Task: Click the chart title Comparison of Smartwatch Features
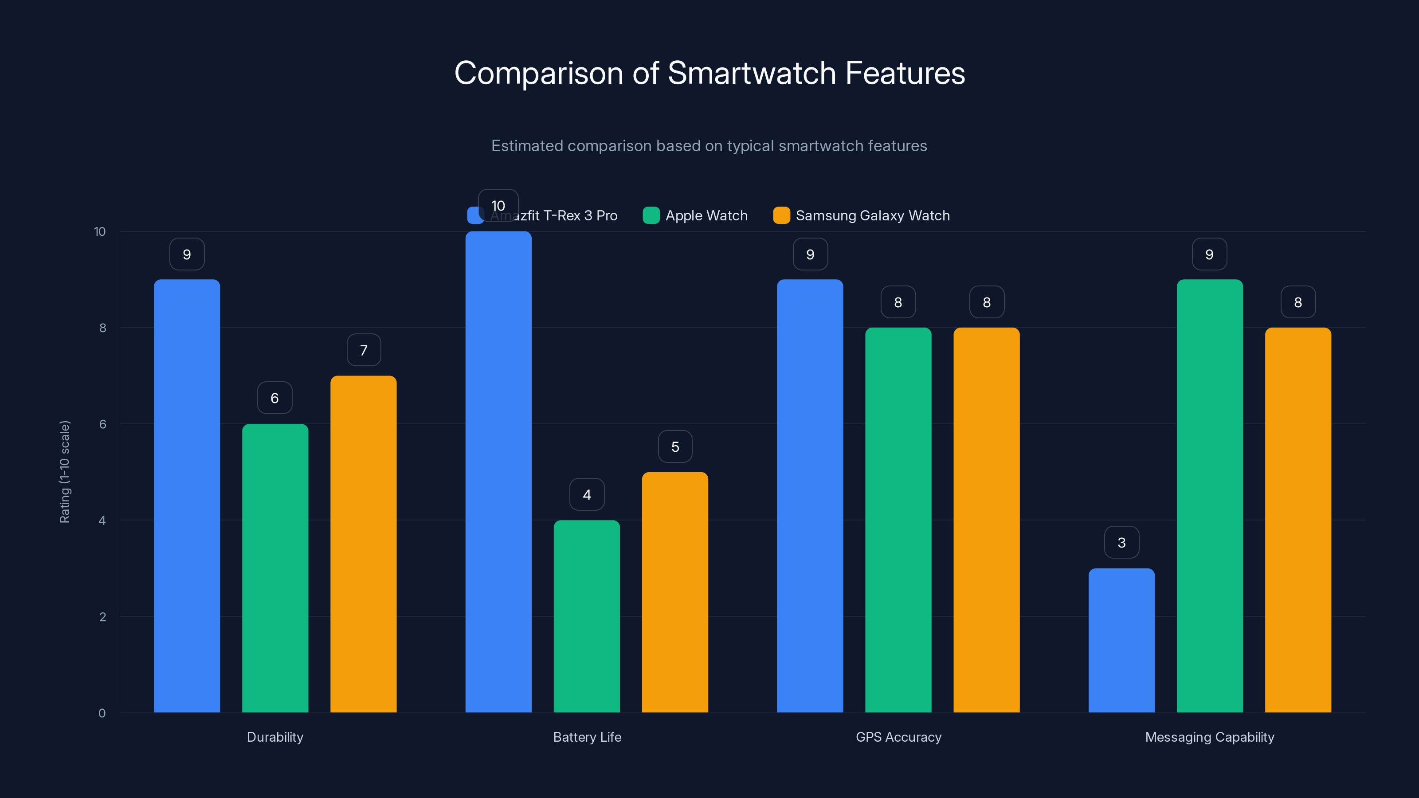pyautogui.click(x=709, y=73)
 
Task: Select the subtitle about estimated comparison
pyautogui.click(x=709, y=146)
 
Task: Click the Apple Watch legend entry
pyautogui.click(x=695, y=215)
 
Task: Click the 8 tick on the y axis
pyautogui.click(x=102, y=328)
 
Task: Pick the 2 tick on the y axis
pyautogui.click(x=102, y=617)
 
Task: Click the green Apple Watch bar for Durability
pyautogui.click(x=275, y=568)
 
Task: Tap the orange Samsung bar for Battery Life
pyautogui.click(x=675, y=592)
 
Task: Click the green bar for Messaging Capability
pyautogui.click(x=1209, y=496)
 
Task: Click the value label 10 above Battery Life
pyautogui.click(x=498, y=205)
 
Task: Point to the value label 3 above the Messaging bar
pyautogui.click(x=1121, y=543)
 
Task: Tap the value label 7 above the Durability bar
pyautogui.click(x=364, y=350)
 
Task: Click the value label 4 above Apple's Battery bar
pyautogui.click(x=587, y=495)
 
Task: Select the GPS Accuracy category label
pyautogui.click(x=898, y=737)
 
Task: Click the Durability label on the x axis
pyautogui.click(x=275, y=737)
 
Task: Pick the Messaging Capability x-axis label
pyautogui.click(x=1209, y=737)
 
